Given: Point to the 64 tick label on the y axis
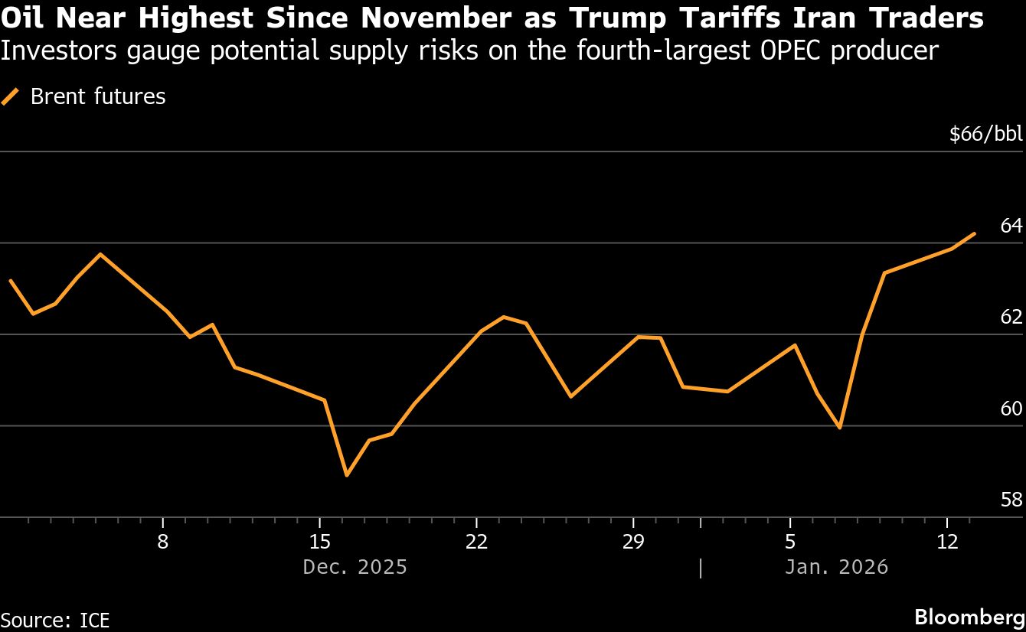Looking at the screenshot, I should point(1011,226).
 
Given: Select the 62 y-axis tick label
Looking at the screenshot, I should point(1011,317).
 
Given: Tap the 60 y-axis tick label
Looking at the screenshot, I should point(1011,409).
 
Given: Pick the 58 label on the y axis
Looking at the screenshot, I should point(1011,500).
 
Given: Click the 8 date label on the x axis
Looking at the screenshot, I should point(163,542).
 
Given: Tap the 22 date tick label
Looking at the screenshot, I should point(476,542).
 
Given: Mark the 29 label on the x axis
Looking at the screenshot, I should point(633,542).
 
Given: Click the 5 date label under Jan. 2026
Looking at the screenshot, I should point(790,542).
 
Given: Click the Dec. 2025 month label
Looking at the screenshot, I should point(355,567).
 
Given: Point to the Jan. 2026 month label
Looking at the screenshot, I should point(835,567).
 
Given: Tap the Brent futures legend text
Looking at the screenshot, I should point(98,96).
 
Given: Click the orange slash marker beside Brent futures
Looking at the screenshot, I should point(10,96).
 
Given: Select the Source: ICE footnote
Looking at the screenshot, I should point(54,619).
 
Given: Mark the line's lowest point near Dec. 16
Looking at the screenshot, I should point(347,475).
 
